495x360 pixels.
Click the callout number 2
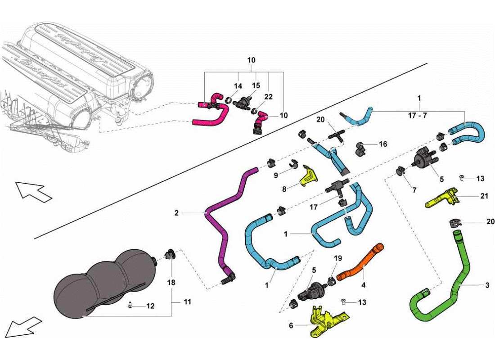(x=176, y=212)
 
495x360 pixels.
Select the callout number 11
(x=187, y=302)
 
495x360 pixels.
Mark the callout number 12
(x=151, y=306)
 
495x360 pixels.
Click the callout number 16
(x=383, y=144)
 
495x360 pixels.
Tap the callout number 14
(x=238, y=85)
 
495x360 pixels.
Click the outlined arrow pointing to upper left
(x=34, y=192)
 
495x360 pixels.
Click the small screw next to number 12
(x=130, y=306)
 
